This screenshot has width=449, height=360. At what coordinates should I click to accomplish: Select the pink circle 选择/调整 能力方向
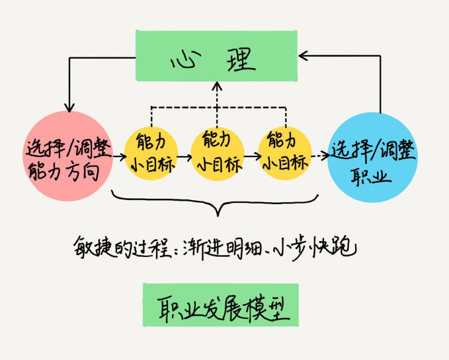point(65,156)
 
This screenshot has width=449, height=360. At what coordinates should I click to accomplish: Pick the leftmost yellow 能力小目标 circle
point(153,152)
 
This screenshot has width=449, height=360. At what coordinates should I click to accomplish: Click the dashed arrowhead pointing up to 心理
point(216,86)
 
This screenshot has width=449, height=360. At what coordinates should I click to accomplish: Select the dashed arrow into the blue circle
point(319,157)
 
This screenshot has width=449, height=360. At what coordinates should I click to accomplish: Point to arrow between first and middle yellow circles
point(184,157)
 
